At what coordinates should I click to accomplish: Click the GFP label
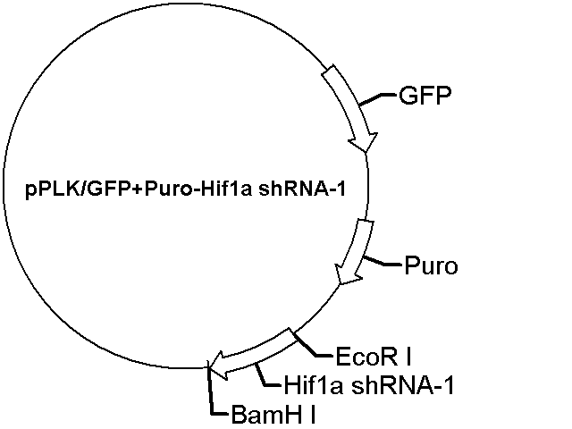425,96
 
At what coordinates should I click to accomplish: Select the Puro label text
431,265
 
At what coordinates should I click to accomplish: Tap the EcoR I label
374,357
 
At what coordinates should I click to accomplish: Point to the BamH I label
273,415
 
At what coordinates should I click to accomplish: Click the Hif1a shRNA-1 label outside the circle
369,385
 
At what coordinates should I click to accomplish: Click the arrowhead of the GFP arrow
364,141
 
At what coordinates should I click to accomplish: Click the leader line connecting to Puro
383,262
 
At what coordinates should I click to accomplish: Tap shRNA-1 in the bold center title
302,189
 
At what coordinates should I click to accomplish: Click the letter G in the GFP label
408,96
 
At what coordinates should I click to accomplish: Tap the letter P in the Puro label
411,265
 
